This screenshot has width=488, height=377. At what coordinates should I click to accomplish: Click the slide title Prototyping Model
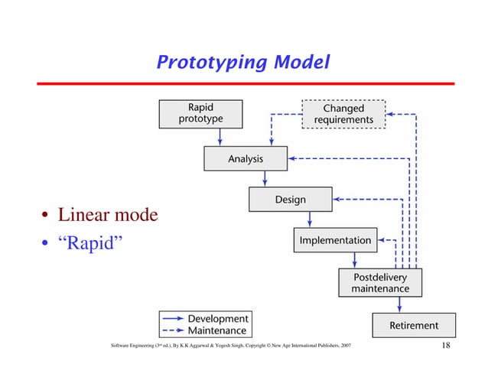point(243,62)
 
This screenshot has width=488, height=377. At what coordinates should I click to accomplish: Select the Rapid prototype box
point(200,113)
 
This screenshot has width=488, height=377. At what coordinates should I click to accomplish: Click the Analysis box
point(245,159)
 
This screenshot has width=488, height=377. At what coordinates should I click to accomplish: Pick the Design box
point(290,200)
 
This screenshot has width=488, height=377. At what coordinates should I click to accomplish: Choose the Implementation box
point(335,240)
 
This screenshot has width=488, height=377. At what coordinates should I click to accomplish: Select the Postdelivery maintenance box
point(379,283)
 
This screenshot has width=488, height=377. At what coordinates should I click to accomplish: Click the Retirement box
point(414,325)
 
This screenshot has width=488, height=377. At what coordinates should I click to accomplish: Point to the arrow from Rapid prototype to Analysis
point(220,136)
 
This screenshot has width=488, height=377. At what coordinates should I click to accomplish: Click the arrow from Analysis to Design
point(265,178)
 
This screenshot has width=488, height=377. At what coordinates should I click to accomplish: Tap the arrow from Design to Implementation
point(310,219)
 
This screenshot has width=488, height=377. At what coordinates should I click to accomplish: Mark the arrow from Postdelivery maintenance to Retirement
point(399,304)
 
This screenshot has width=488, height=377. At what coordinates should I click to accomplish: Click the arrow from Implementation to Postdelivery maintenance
point(354,260)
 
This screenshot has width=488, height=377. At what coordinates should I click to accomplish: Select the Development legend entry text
point(217,318)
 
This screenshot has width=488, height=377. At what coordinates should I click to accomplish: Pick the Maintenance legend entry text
point(217,330)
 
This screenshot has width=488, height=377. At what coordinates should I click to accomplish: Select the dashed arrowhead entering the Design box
point(337,200)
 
